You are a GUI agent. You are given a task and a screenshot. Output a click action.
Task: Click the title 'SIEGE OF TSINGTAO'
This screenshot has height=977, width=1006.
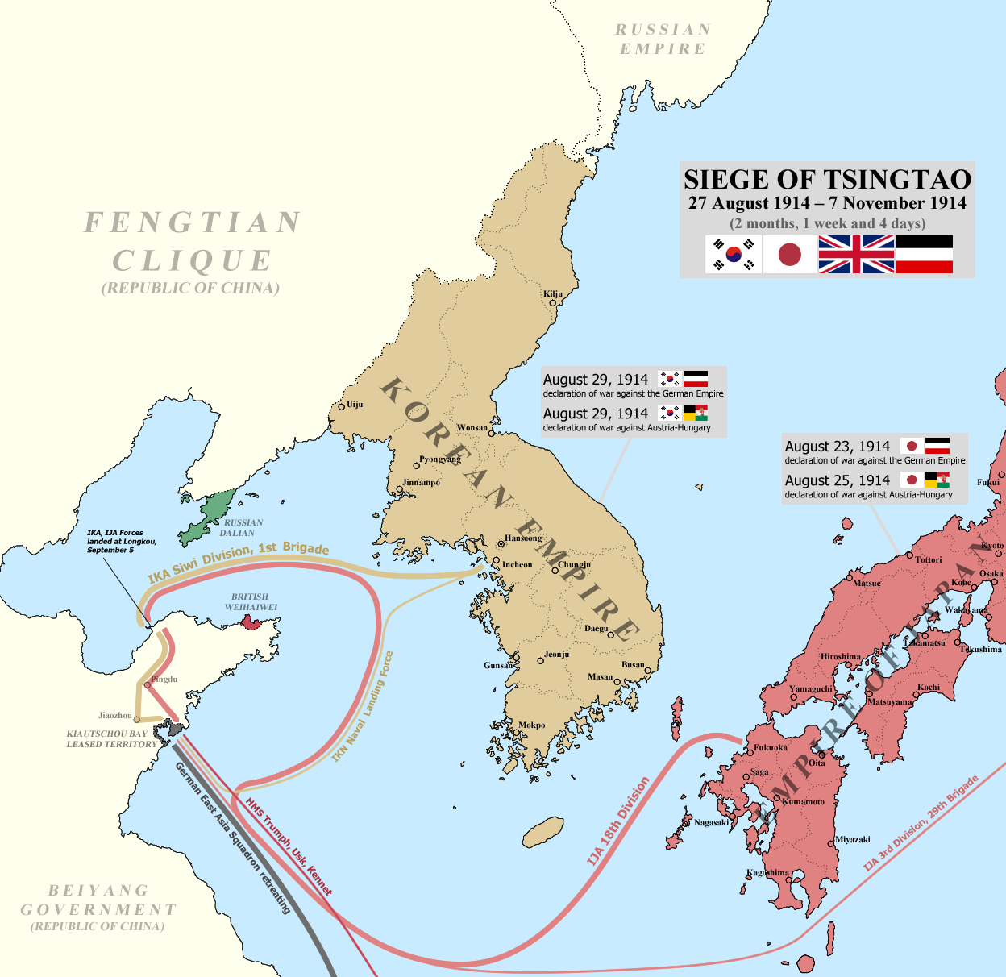827,179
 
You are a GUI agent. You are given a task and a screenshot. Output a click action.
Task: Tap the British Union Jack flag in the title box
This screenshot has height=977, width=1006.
856,255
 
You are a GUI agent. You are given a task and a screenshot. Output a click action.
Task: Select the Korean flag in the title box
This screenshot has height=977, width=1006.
734,255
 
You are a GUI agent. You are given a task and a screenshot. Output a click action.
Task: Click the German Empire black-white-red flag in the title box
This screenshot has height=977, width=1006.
924,255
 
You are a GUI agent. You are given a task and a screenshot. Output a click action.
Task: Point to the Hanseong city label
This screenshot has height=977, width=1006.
523,538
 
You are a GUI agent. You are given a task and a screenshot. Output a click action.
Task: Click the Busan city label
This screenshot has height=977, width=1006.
633,665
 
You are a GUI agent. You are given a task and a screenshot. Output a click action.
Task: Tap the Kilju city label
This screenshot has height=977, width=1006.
553,294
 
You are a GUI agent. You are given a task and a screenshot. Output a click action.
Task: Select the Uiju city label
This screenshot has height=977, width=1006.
354,405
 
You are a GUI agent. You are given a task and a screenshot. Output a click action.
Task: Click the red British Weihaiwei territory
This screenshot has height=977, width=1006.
251,622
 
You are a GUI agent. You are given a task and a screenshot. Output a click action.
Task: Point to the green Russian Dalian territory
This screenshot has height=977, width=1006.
208,517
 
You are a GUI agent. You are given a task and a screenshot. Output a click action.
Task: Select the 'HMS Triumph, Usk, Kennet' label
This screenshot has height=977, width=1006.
289,846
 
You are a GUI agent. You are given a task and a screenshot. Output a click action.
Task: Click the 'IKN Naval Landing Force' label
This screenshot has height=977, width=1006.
364,706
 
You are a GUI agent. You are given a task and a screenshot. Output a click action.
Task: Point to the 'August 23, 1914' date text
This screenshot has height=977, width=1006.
837,447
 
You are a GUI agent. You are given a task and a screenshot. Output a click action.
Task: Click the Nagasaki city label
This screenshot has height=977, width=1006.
711,823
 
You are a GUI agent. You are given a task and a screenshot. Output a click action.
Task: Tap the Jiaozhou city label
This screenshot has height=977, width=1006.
114,715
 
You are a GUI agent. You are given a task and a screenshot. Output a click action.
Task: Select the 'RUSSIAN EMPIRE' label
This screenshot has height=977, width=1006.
663,39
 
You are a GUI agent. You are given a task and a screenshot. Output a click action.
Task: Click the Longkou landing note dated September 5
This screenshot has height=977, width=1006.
122,541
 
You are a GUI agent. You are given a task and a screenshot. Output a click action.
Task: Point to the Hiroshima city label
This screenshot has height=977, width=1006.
841,657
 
